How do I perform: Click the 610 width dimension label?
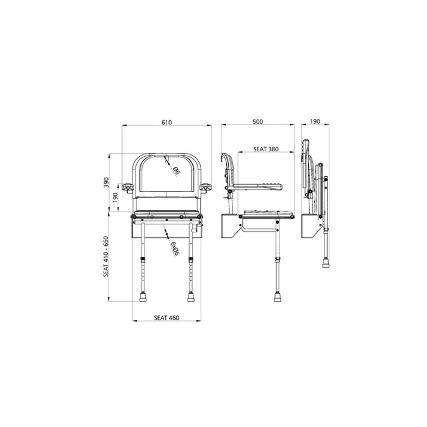point(167,122)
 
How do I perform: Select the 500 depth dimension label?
point(257,122)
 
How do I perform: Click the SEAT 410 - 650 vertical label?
point(106,256)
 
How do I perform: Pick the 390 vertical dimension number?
point(106,182)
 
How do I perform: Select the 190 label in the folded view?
point(315,122)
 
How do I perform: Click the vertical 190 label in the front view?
point(115,196)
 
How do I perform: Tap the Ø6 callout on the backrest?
point(174,169)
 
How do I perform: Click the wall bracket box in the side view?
point(232,227)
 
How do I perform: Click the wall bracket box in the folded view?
point(312,227)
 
